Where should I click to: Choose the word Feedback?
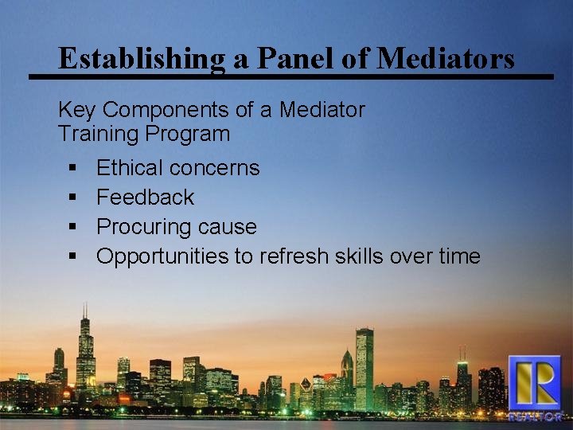coord(145,197)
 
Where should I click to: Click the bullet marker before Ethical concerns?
coord(72,169)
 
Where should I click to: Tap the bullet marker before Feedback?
coord(72,198)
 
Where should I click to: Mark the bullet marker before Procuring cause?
coord(72,228)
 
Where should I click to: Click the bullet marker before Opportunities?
coord(72,257)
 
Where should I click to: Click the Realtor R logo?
coord(535,386)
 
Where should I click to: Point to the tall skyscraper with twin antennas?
coord(85,350)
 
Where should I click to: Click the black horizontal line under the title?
coord(290,77)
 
